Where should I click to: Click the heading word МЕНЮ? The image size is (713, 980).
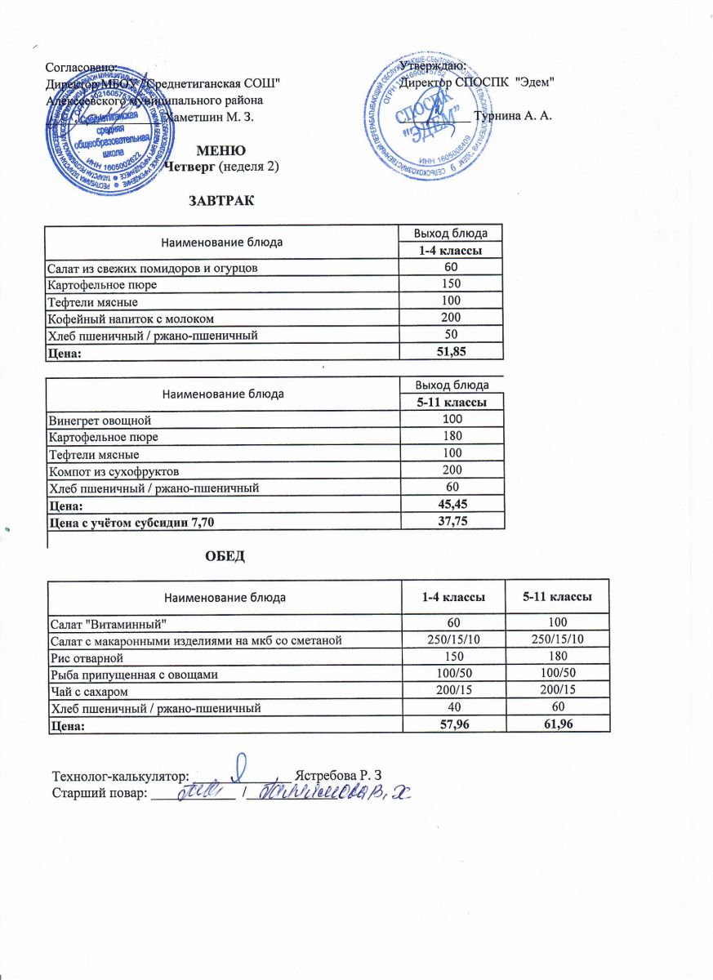[x=222, y=150]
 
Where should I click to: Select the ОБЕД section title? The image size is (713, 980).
[x=225, y=556]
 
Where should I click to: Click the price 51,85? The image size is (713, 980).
[x=449, y=350]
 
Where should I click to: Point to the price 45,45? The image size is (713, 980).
[x=451, y=505]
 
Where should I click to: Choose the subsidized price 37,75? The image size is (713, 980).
[x=451, y=521]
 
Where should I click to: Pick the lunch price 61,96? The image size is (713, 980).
[x=557, y=723]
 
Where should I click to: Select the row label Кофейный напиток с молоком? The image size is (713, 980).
[x=131, y=318]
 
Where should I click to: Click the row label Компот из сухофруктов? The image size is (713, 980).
[x=114, y=470]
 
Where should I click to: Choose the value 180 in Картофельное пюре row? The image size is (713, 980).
[x=451, y=437]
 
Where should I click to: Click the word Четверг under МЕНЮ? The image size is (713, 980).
[x=192, y=167]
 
